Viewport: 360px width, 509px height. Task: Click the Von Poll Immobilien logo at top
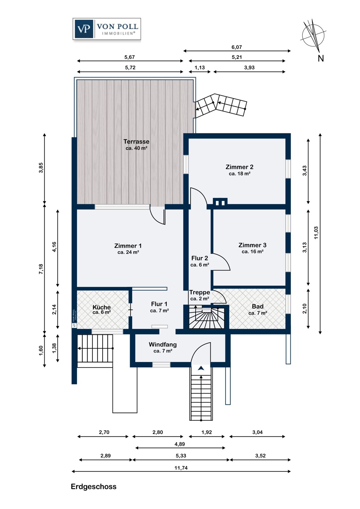[x=107, y=29]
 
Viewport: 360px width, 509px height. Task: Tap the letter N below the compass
[x=321, y=58]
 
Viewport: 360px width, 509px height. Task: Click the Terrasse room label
[x=136, y=142]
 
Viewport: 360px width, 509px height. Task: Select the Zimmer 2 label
[x=239, y=167]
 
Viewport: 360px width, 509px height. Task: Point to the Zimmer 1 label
[x=128, y=246]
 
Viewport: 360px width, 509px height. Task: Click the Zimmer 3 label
[x=252, y=245]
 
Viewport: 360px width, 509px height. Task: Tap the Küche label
[x=102, y=307]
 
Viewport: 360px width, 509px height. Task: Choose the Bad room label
[x=257, y=306]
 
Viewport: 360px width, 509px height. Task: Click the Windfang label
[x=163, y=344]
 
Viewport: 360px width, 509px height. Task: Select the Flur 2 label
[x=200, y=258]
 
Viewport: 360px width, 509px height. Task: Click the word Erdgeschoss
[x=93, y=487]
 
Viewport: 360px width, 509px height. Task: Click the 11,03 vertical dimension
[x=316, y=233]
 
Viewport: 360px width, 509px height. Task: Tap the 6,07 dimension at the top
[x=237, y=47]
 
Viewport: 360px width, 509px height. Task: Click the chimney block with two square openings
[x=220, y=202]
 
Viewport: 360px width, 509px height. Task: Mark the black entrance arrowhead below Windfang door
[x=200, y=368]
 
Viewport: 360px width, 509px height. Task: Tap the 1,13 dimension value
[x=200, y=68]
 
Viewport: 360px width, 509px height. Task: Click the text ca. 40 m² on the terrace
[x=137, y=148]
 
